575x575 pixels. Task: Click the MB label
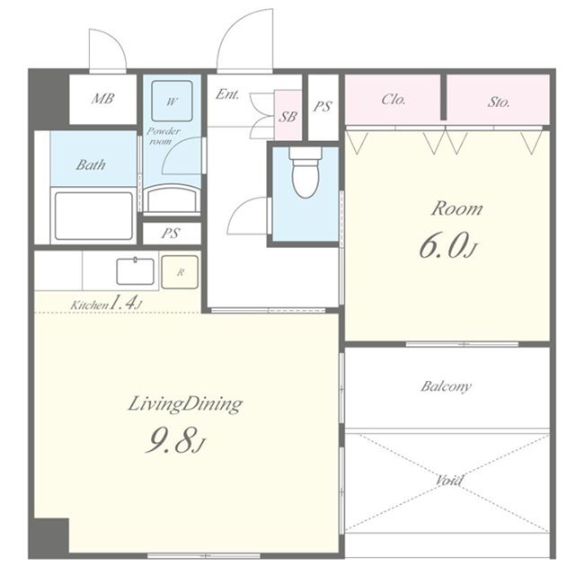tap(102, 98)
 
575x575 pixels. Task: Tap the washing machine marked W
tap(172, 101)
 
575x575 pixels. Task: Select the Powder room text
tap(164, 136)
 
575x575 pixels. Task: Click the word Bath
tap(91, 164)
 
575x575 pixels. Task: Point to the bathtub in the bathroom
tap(93, 216)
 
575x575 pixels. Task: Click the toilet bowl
tap(305, 172)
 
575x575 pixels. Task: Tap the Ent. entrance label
tap(227, 94)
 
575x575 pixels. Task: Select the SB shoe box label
tap(287, 117)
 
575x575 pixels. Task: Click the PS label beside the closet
tap(323, 106)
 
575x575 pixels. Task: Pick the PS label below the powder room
tap(171, 234)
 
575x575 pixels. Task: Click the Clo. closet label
tap(394, 99)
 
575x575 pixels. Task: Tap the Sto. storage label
tap(499, 102)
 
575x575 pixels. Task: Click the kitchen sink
tap(136, 271)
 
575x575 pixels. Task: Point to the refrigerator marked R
tap(180, 272)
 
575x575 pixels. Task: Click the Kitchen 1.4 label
tap(106, 304)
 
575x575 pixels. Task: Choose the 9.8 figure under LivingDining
tap(175, 439)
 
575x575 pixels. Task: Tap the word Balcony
tap(446, 386)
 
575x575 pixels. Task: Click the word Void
tap(449, 480)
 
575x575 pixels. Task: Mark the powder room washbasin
tap(172, 199)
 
